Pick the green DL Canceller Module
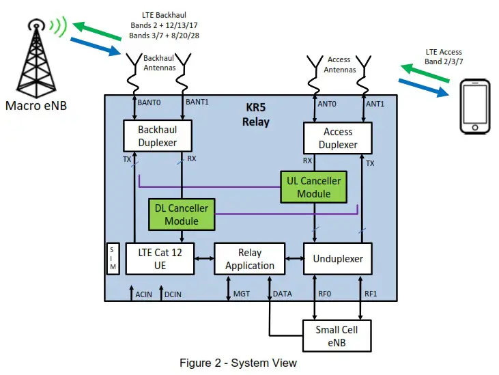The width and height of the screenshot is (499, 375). point(182,214)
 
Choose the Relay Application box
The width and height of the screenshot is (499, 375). point(249,258)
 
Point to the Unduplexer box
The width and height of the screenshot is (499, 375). point(337,259)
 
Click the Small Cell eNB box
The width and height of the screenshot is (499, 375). point(337,336)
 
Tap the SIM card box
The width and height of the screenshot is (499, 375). point(113,258)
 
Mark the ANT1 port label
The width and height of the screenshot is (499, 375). point(375,104)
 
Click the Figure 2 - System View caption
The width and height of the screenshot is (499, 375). point(238,363)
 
